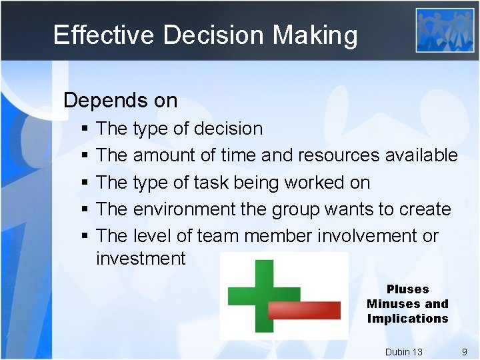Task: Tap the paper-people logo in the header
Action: click(x=445, y=30)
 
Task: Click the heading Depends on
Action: click(x=120, y=101)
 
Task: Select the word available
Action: click(x=421, y=155)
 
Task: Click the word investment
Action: click(x=141, y=258)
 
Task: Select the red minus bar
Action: click(x=304, y=310)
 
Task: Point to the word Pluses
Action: click(x=407, y=289)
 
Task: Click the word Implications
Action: click(x=407, y=319)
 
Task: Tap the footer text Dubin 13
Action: click(x=403, y=352)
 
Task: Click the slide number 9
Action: click(x=464, y=352)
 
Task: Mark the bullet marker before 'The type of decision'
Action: click(x=84, y=129)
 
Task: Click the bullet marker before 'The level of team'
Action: click(x=84, y=237)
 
